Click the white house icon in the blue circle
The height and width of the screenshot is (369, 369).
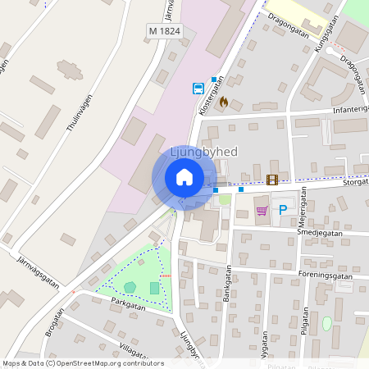coord(184,176)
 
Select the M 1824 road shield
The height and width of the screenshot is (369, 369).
coord(164,30)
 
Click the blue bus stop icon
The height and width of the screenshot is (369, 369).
coord(198,89)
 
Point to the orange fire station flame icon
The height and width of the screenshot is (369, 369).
coord(223,102)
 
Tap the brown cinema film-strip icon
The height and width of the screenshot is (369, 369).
coord(272,180)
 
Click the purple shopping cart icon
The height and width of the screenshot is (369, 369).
coord(262,211)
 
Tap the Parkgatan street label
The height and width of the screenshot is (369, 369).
coord(127,303)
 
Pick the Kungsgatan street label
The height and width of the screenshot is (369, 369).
coord(325,41)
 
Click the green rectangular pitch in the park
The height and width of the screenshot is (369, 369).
coord(155,288)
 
